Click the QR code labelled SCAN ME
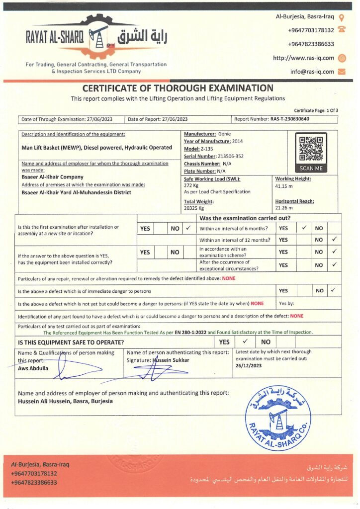pyautogui.click(x=311, y=149)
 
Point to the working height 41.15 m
pyautogui.click(x=285, y=185)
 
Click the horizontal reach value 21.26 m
pyautogui.click(x=285, y=207)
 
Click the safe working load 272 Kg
pyautogui.click(x=192, y=185)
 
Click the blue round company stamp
pyautogui.click(x=278, y=413)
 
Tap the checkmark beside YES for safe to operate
pyautogui.click(x=245, y=342)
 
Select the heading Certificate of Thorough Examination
pyautogui.click(x=178, y=88)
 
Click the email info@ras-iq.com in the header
pyautogui.click(x=312, y=72)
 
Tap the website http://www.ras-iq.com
pyautogui.click(x=303, y=58)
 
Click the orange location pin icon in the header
pyautogui.click(x=342, y=16)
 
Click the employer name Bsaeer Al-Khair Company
pyautogui.click(x=53, y=177)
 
